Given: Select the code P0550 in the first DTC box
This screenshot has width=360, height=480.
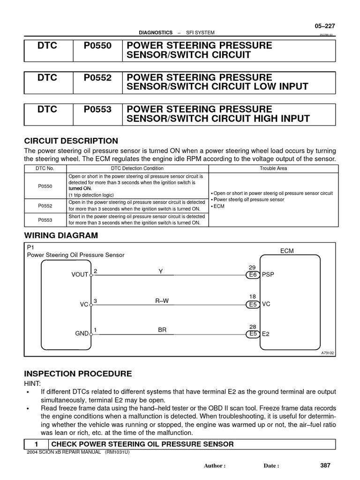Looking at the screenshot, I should tap(97, 46).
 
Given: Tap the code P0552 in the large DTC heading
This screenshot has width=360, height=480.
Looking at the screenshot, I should tap(97, 78).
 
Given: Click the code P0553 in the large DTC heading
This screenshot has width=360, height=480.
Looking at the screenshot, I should tap(97, 110).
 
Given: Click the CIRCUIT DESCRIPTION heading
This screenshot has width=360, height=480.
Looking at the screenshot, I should tap(71, 141).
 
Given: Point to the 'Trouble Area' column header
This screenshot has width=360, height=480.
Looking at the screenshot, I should tap(273, 168).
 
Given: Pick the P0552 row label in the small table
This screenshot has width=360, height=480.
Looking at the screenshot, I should tap(45, 206).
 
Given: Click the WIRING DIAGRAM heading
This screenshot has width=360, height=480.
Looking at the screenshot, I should tap(61, 235).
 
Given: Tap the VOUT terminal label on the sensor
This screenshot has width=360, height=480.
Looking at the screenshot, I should tap(80, 275).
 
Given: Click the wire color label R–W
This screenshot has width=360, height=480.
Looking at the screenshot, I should tap(162, 301).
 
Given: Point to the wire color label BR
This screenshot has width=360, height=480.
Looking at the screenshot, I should tap(162, 330).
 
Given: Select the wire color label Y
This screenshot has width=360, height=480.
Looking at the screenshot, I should tap(160, 271).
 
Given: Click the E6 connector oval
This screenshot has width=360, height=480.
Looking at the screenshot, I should tap(253, 275).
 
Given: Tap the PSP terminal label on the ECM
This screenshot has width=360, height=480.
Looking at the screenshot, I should tap(268, 275).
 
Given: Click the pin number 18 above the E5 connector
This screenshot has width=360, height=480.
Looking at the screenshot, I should tap(252, 297).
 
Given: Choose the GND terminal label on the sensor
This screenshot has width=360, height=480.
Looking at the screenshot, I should tap(82, 334).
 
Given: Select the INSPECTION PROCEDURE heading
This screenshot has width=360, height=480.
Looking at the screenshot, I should tap(78, 374).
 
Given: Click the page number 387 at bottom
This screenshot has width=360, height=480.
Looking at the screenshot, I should tap(325, 465).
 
